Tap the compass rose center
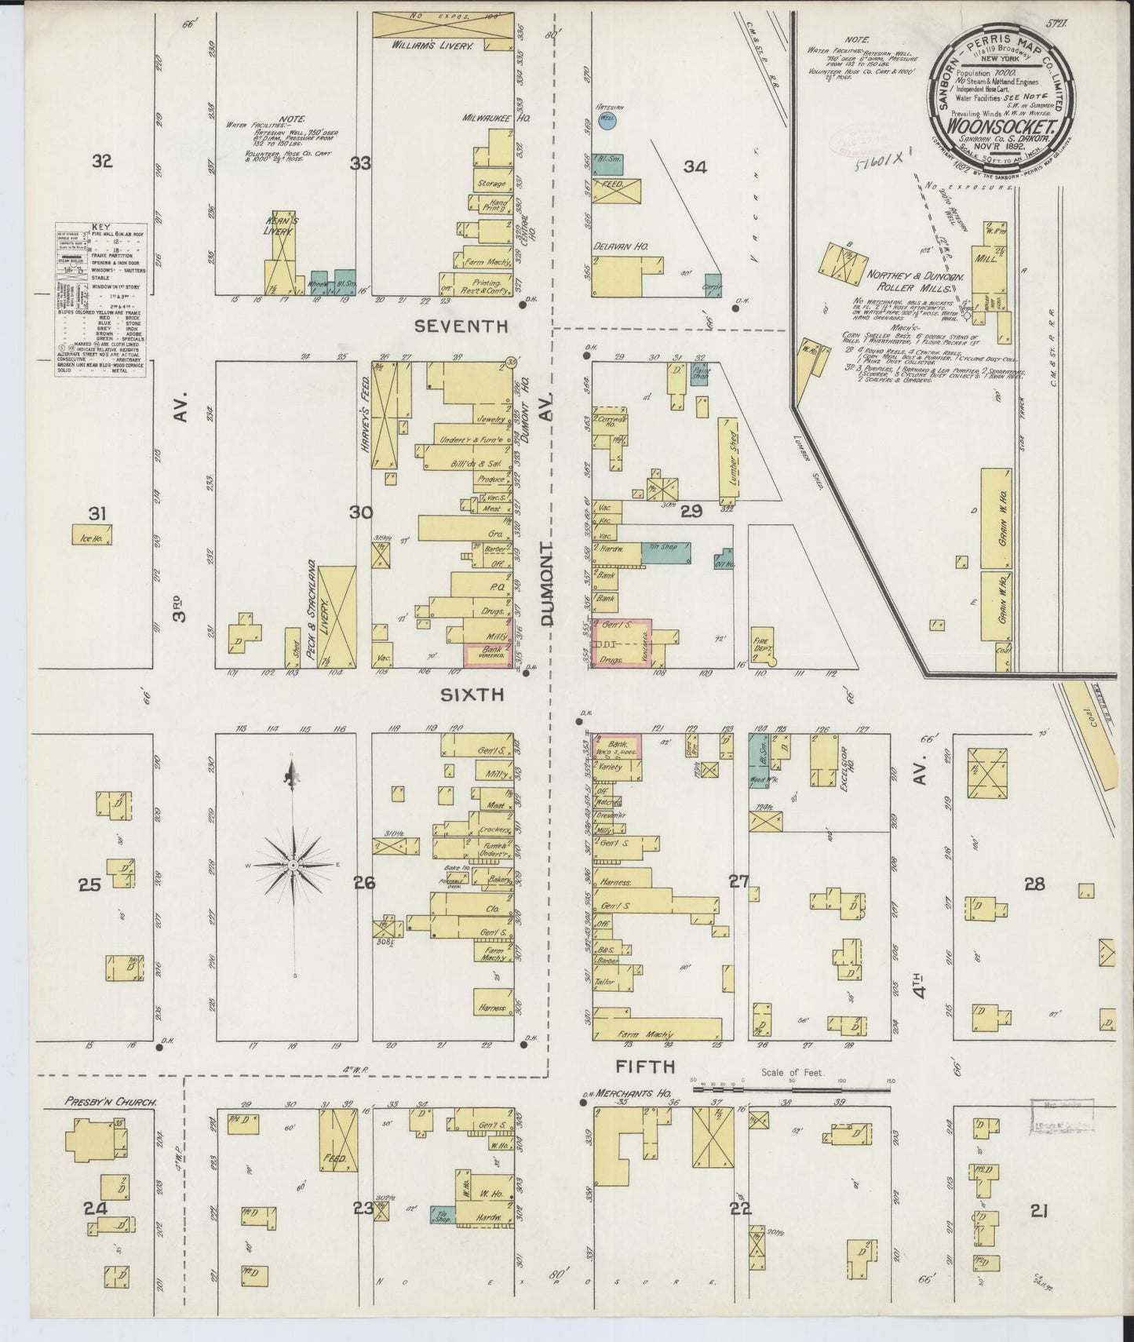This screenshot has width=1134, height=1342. point(292,864)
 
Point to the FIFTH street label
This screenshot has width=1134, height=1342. point(646,1066)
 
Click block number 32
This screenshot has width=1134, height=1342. point(102,162)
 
